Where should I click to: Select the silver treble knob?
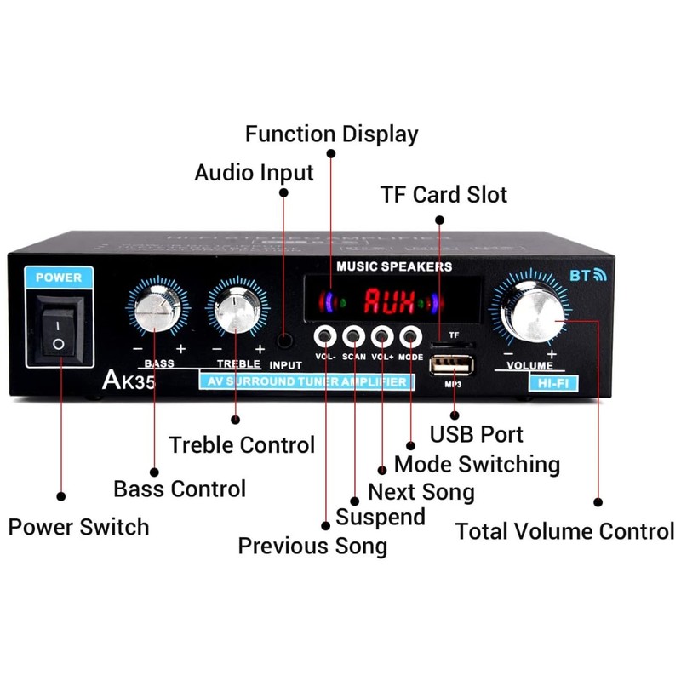pyautogui.click(x=235, y=311)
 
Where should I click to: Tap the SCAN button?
pyautogui.click(x=354, y=335)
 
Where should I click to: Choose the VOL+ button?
pyautogui.click(x=382, y=335)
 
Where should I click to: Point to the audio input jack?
pyautogui.click(x=285, y=340)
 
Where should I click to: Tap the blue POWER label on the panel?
pyautogui.click(x=60, y=277)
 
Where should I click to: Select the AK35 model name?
pyautogui.click(x=128, y=380)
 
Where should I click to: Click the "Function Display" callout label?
pyautogui.click(x=332, y=134)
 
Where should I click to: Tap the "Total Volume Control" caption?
pyautogui.click(x=564, y=532)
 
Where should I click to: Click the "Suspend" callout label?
pyautogui.click(x=381, y=517)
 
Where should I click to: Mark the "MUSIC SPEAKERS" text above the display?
pyautogui.click(x=394, y=266)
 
